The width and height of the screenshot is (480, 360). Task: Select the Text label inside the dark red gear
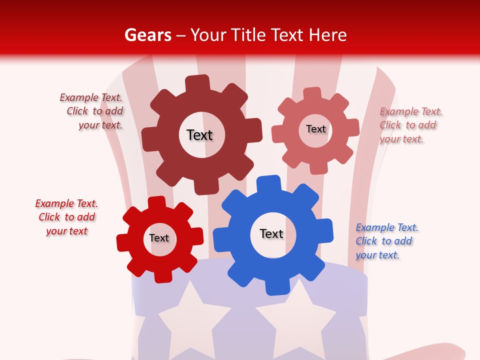pos(199,135)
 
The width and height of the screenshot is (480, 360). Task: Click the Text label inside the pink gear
pos(315,129)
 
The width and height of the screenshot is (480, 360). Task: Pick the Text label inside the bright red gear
pos(159,238)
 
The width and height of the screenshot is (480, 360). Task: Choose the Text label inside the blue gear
pos(271,233)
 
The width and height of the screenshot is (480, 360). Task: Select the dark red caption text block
pos(93,111)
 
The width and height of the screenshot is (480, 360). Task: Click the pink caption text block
pos(410,125)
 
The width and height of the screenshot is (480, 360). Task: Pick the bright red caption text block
pos(66,217)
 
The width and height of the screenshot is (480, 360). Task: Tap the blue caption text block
pos(386,241)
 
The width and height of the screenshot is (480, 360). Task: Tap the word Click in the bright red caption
pos(49,217)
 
